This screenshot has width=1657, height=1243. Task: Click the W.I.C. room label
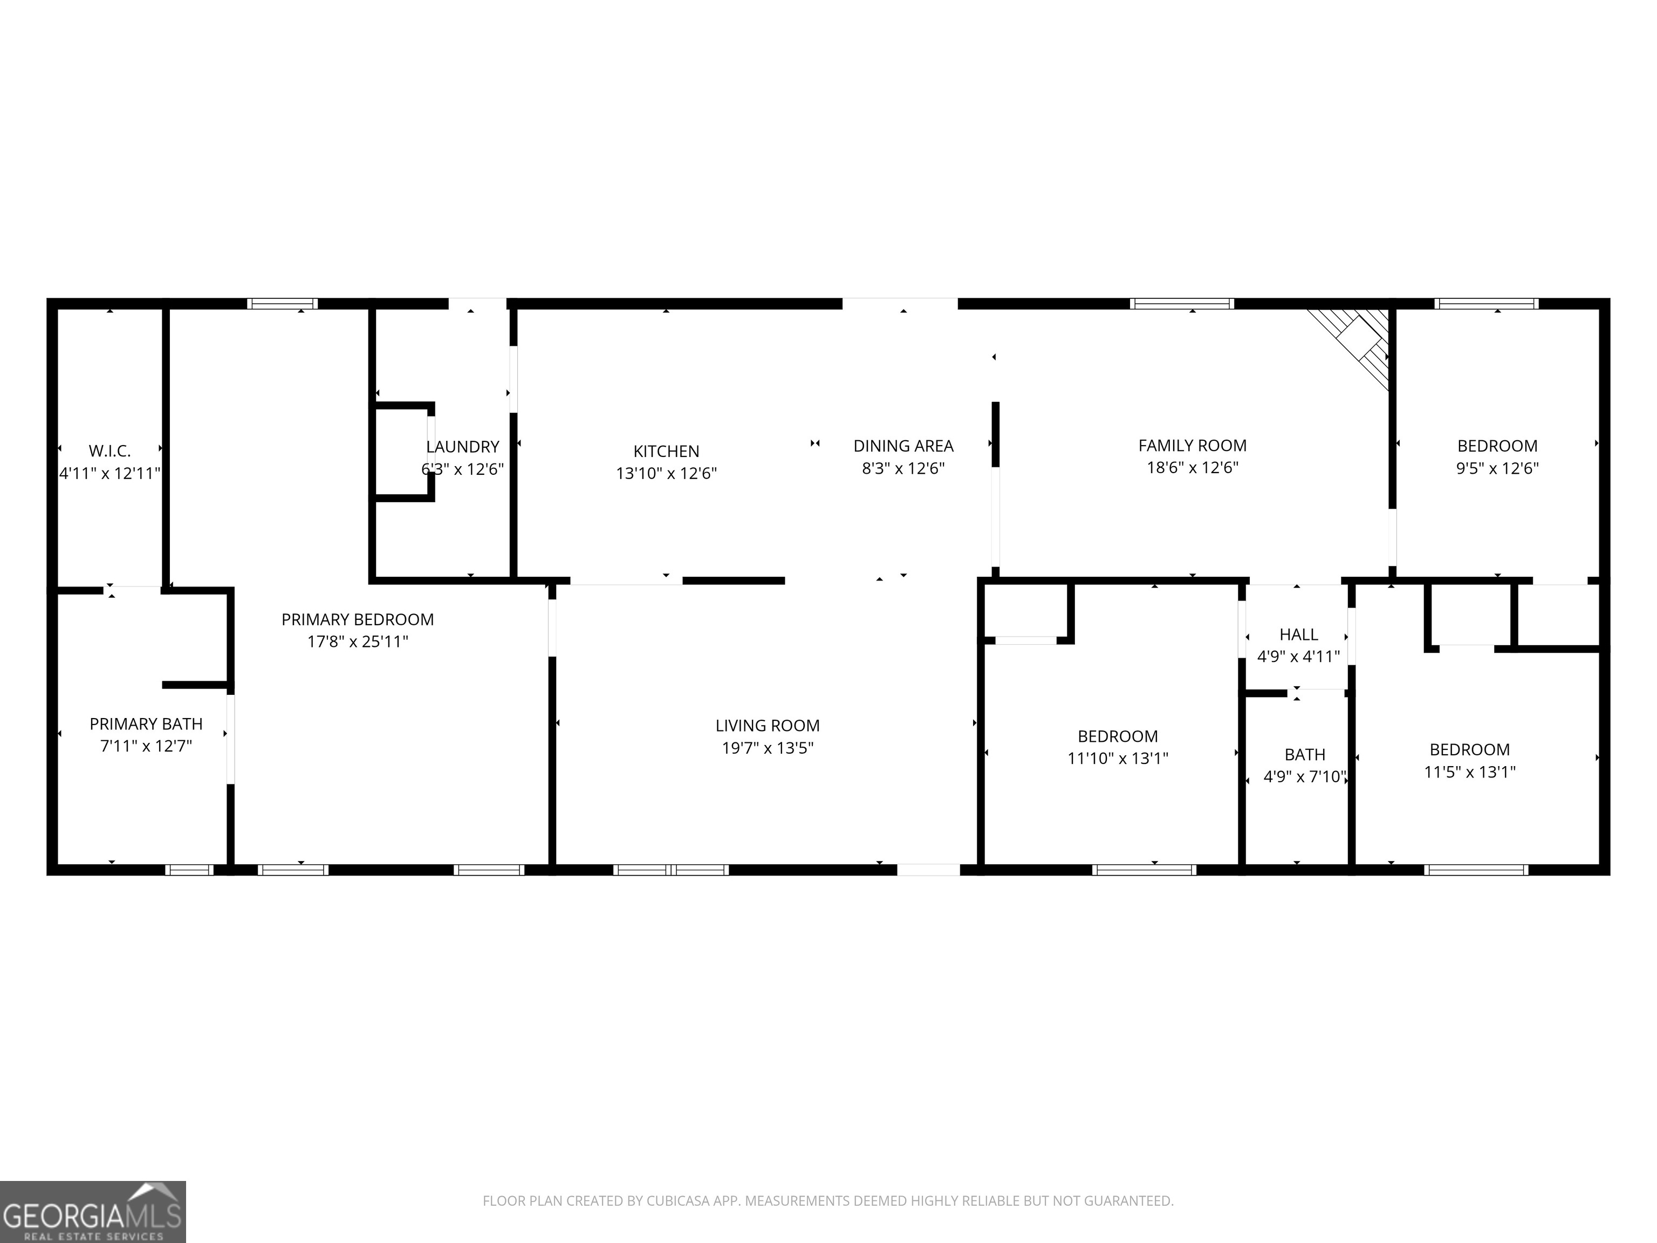pyautogui.click(x=109, y=451)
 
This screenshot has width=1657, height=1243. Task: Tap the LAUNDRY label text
pyautogui.click(x=462, y=447)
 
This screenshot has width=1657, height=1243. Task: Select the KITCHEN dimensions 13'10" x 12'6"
pyautogui.click(x=666, y=474)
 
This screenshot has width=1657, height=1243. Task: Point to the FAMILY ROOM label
pyautogui.click(x=1192, y=446)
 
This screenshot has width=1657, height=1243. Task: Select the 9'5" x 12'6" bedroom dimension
pyautogui.click(x=1497, y=468)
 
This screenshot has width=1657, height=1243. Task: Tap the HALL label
pyautogui.click(x=1298, y=634)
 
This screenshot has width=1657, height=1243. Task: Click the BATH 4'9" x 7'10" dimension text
pyautogui.click(x=1304, y=777)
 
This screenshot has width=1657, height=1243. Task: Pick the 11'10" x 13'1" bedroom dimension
pyautogui.click(x=1117, y=758)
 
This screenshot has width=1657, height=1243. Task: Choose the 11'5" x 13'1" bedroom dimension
pyautogui.click(x=1469, y=771)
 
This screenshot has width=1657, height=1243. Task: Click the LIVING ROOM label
pyautogui.click(x=767, y=725)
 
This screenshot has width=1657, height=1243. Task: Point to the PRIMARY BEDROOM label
pyautogui.click(x=357, y=620)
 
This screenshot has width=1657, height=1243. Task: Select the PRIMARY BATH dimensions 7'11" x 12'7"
pyautogui.click(x=146, y=746)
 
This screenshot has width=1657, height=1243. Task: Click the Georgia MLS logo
pyautogui.click(x=92, y=1212)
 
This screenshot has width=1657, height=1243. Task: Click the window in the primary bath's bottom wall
pyautogui.click(x=189, y=870)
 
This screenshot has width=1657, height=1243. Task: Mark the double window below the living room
pyautogui.click(x=670, y=870)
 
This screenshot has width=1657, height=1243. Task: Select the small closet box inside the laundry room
pyautogui.click(x=402, y=452)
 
